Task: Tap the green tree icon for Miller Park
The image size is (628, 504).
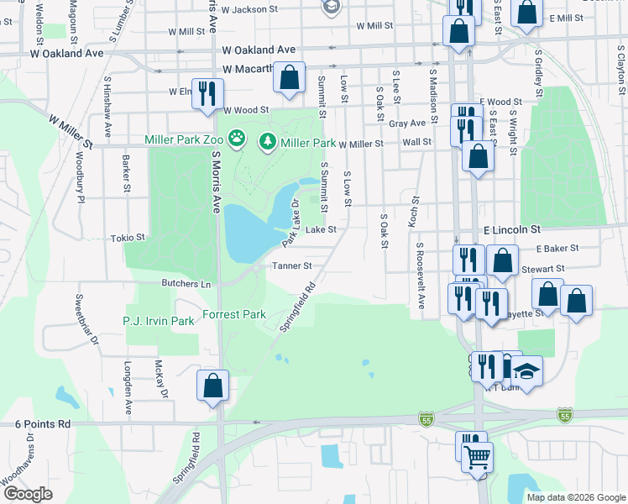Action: point(268,141)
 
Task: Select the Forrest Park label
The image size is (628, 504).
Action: point(234,316)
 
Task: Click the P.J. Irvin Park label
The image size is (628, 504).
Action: point(159,321)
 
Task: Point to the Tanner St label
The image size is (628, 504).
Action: point(291,266)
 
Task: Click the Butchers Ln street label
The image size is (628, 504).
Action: point(186,284)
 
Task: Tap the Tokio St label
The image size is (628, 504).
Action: point(128,239)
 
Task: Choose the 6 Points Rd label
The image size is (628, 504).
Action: point(42,425)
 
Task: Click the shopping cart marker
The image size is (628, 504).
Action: point(478,457)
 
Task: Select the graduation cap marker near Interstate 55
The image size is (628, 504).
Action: point(527,370)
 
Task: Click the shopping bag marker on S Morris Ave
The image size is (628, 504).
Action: point(213,386)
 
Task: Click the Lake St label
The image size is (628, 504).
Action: point(320,229)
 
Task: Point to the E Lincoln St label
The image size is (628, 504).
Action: point(511,228)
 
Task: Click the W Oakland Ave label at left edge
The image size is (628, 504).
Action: point(53,53)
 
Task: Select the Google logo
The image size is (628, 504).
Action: point(28,494)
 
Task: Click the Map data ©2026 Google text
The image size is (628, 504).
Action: point(575,497)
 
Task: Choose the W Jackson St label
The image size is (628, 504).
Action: point(249,9)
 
